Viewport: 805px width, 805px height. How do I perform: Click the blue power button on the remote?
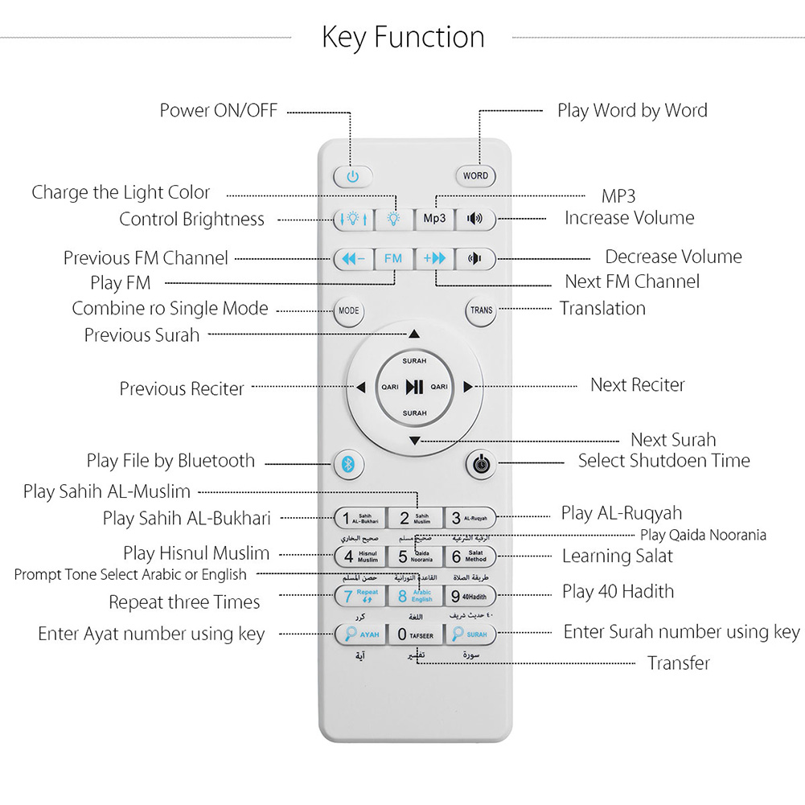click(352, 176)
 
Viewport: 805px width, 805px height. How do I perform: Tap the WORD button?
click(475, 175)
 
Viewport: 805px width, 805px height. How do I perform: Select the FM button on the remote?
click(392, 259)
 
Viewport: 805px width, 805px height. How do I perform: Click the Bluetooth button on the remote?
click(349, 464)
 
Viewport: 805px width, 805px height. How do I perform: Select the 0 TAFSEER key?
click(415, 635)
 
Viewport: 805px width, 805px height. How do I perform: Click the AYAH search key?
click(359, 635)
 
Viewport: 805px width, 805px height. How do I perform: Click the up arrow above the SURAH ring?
click(414, 333)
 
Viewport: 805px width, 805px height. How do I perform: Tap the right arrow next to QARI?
click(467, 387)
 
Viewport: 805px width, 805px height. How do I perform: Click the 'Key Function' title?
click(403, 37)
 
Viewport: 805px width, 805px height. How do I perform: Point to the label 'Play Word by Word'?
click(632, 110)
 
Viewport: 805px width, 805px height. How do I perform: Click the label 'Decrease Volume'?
click(673, 257)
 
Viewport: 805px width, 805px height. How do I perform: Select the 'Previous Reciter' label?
click(182, 388)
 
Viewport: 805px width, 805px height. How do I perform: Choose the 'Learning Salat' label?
click(617, 556)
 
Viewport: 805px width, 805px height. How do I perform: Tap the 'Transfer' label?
click(679, 663)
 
